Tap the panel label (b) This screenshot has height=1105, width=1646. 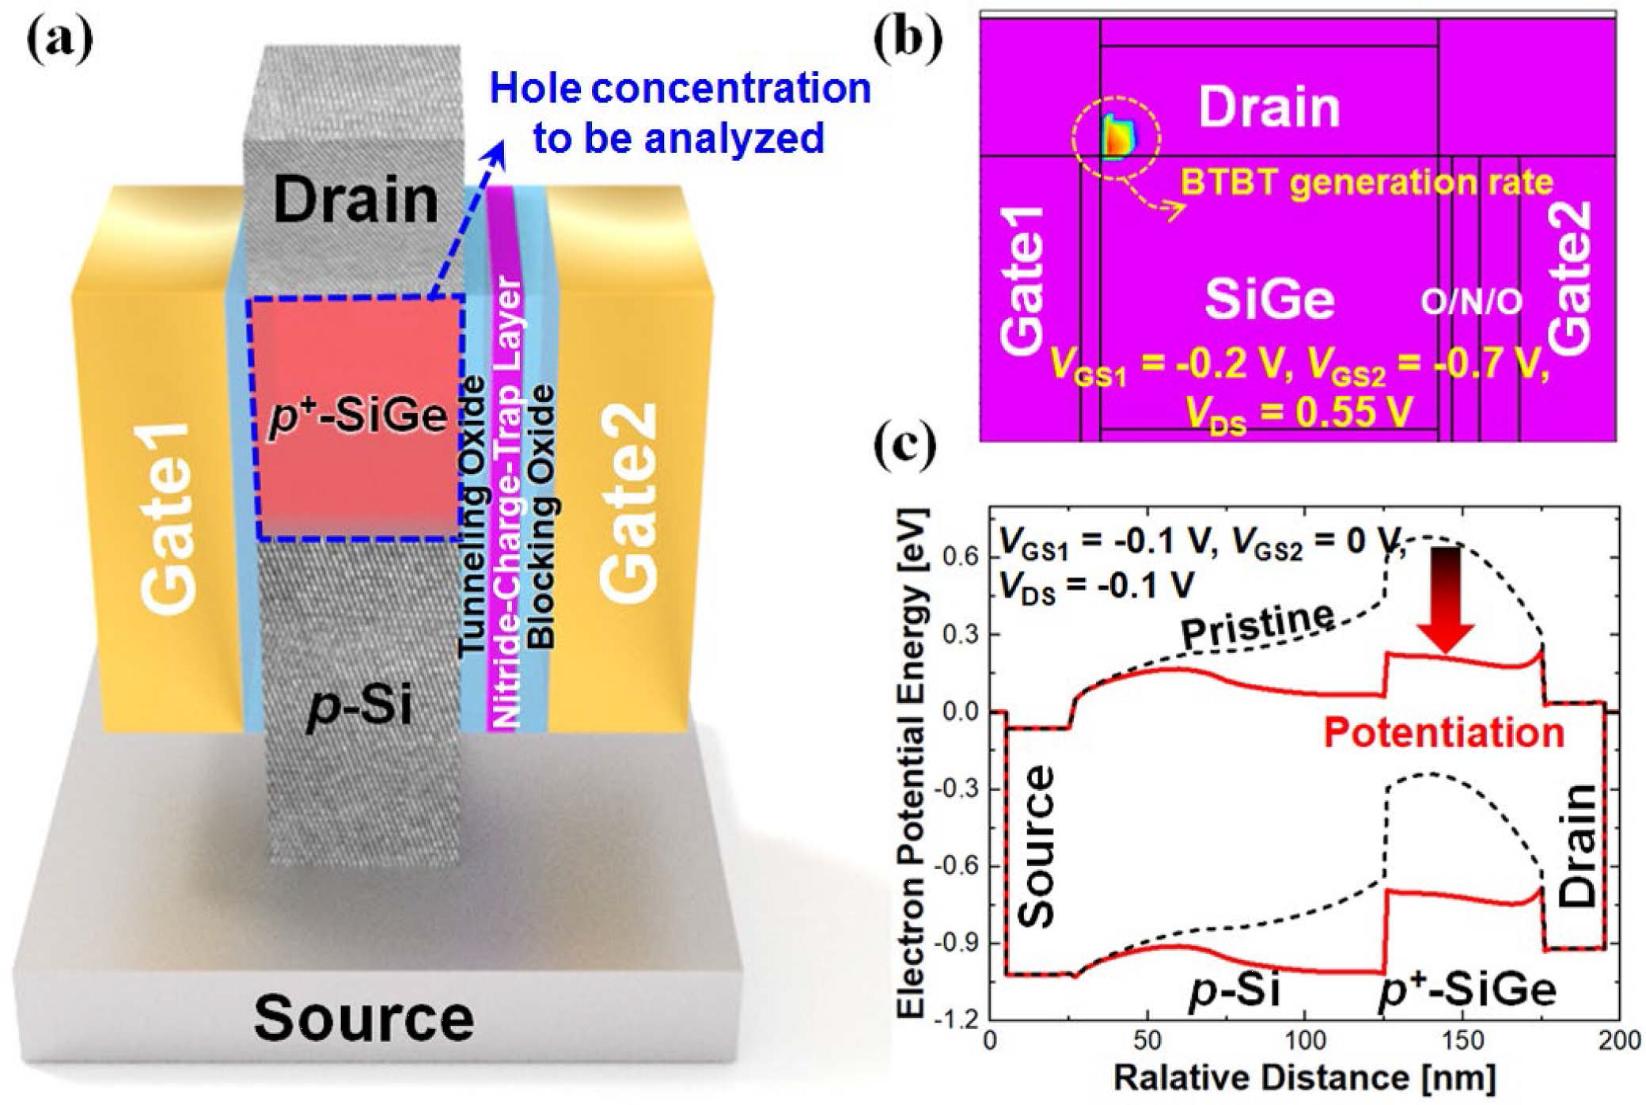[908, 38]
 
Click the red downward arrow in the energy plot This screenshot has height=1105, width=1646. [1445, 599]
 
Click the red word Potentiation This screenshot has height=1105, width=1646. [1444, 732]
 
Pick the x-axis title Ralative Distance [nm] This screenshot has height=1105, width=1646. [1304, 1077]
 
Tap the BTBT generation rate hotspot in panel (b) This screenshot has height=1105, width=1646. [1119, 138]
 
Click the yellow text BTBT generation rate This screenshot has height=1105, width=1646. [1367, 183]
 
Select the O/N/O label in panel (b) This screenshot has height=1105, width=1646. [1471, 302]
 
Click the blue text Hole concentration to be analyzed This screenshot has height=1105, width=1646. [680, 112]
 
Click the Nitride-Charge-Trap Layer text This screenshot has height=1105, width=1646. [506, 502]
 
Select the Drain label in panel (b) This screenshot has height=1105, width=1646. [1269, 107]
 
